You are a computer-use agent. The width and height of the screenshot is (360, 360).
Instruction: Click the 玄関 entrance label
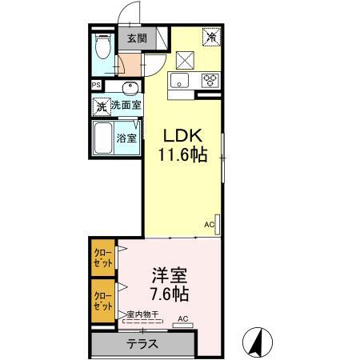[x=136, y=38]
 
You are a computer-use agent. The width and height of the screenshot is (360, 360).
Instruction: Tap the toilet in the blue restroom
[x=102, y=50]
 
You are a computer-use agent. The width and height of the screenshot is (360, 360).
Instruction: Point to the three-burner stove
[x=210, y=79]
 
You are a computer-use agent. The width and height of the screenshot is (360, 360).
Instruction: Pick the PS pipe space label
[x=96, y=86]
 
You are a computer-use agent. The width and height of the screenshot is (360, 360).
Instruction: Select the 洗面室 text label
[x=126, y=106]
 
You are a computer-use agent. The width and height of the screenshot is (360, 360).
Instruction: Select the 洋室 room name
[x=170, y=276]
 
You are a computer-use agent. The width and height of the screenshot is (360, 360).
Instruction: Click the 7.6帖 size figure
[x=170, y=295]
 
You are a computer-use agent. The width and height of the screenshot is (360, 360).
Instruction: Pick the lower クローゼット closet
[x=102, y=300]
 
